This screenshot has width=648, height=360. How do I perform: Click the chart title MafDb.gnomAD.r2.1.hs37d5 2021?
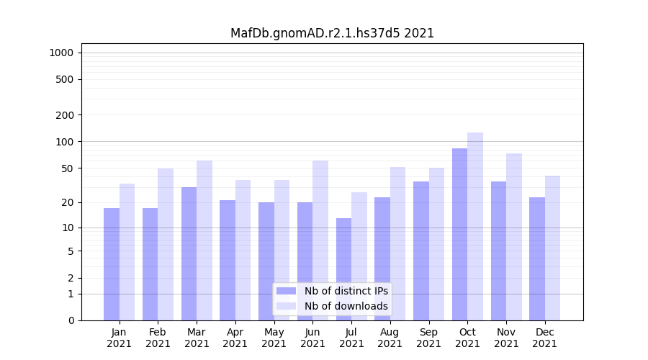(x=332, y=33)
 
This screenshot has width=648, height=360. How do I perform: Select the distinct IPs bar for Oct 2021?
(x=459, y=234)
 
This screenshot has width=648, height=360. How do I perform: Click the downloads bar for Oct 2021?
(x=475, y=226)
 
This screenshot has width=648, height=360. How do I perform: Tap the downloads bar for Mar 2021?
(x=204, y=240)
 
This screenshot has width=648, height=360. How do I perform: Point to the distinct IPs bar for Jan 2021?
(x=112, y=264)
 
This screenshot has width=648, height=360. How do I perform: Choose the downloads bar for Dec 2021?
(x=552, y=248)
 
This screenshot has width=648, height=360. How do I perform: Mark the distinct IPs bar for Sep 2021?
(x=421, y=251)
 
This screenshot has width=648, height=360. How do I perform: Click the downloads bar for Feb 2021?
(x=166, y=244)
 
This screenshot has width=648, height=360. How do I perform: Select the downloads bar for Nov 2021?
(x=514, y=237)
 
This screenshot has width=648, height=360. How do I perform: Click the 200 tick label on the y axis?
(x=64, y=115)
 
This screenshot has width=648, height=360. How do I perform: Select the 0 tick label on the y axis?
(x=71, y=320)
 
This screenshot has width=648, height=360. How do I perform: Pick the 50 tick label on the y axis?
(x=67, y=168)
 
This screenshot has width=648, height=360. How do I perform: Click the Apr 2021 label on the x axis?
(x=235, y=338)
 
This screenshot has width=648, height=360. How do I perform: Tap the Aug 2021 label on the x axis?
(x=390, y=338)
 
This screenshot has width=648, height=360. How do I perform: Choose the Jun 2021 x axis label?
(x=312, y=338)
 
